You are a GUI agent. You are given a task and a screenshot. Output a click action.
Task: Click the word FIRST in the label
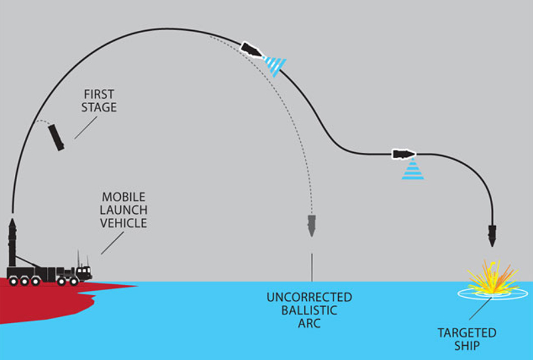[x=99, y=94]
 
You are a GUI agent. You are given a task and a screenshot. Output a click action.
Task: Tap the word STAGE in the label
[x=99, y=107]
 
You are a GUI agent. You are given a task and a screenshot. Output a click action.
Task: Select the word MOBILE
[x=124, y=197]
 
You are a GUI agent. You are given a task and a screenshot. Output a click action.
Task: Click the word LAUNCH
[x=124, y=210]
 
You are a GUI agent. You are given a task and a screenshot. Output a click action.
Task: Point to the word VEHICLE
[x=124, y=223]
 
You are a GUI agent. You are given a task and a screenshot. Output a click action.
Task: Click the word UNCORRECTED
[x=309, y=297]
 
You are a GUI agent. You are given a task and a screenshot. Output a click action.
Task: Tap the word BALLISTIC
[x=309, y=310]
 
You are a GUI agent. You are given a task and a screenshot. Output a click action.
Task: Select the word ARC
[x=309, y=323]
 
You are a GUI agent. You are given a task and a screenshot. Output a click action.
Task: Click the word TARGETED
[x=467, y=333]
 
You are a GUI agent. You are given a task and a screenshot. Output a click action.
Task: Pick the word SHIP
[x=467, y=346]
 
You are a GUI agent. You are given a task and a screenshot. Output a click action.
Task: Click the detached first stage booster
[x=56, y=138]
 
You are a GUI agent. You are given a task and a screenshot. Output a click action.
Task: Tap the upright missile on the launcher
[x=12, y=242]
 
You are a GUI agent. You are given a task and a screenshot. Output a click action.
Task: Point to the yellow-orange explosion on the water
[x=493, y=278]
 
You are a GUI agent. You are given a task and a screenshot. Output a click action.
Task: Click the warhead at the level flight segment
[x=404, y=154]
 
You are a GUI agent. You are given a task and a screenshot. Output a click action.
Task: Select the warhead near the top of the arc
[x=251, y=50]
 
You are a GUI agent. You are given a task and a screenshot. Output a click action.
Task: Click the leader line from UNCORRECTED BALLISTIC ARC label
[x=312, y=268]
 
